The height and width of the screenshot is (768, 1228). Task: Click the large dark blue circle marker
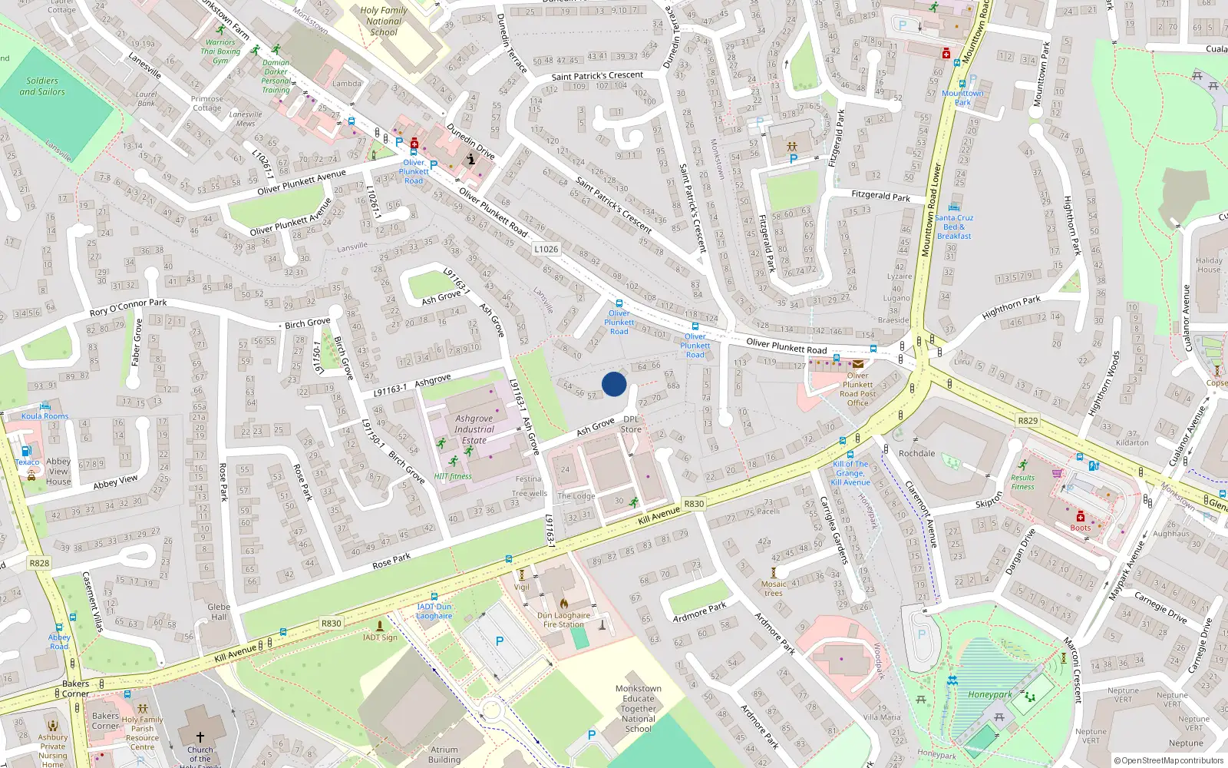tap(614, 384)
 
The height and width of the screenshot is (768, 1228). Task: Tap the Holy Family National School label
tap(384, 22)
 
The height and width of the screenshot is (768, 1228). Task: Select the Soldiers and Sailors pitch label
tap(42, 86)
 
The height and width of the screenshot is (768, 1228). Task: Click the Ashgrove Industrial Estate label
tap(474, 429)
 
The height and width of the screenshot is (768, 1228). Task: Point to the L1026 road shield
tap(546, 249)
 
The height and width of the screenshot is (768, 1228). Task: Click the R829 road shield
tap(1028, 420)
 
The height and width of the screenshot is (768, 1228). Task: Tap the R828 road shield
tap(39, 563)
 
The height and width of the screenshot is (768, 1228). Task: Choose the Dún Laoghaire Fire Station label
tap(564, 620)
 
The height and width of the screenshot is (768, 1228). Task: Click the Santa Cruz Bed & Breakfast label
tap(954, 227)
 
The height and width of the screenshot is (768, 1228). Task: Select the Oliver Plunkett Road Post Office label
tap(857, 389)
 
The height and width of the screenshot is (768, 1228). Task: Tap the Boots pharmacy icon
tap(1080, 516)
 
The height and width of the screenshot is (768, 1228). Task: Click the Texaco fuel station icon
tap(27, 452)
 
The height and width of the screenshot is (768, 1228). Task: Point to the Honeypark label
tap(989, 694)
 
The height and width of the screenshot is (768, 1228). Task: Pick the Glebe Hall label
tap(219, 611)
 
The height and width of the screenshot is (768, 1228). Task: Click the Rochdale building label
tap(916, 453)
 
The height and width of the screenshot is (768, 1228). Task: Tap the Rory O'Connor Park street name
tap(128, 307)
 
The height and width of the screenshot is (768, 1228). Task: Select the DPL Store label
tap(631, 425)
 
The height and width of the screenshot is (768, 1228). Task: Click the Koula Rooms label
tap(45, 416)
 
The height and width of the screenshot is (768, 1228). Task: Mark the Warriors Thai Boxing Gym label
tap(220, 51)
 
